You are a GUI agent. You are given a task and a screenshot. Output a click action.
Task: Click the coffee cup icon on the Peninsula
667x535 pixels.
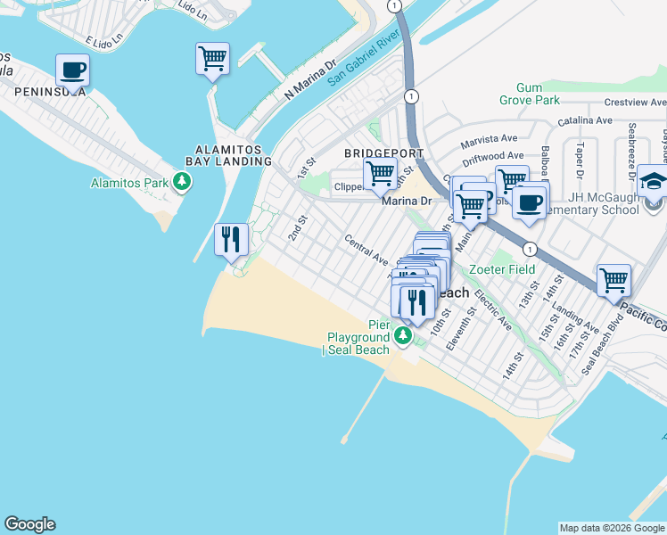[72, 70]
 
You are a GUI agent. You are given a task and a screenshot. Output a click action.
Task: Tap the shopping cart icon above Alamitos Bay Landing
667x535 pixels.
[212, 59]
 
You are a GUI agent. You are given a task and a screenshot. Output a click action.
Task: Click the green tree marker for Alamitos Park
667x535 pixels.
[183, 184]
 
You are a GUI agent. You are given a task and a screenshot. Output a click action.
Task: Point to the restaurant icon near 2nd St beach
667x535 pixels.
[231, 239]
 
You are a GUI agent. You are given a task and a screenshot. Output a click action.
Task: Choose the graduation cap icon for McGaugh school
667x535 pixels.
[653, 184]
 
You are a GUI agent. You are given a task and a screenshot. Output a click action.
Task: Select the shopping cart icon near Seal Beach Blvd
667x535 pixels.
[613, 280]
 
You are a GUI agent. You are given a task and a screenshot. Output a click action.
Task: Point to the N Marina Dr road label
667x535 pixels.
[309, 78]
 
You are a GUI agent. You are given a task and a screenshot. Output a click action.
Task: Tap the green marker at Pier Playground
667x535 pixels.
[403, 336]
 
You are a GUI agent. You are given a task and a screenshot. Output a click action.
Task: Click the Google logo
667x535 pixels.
[29, 524]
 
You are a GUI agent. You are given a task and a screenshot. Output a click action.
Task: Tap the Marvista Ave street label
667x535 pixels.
[490, 140]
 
